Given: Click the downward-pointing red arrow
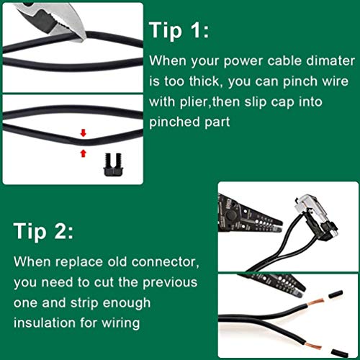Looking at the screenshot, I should point(84,132).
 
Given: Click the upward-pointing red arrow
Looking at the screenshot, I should point(84,151).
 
